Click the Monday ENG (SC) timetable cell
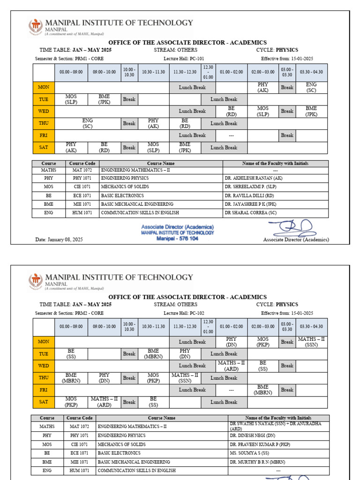(x=312, y=87)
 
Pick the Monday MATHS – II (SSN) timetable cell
(x=312, y=342)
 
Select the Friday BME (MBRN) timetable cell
(x=263, y=390)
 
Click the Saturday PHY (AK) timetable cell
(x=71, y=148)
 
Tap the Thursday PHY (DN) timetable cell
(x=104, y=378)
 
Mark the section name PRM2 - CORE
(x=88, y=313)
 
